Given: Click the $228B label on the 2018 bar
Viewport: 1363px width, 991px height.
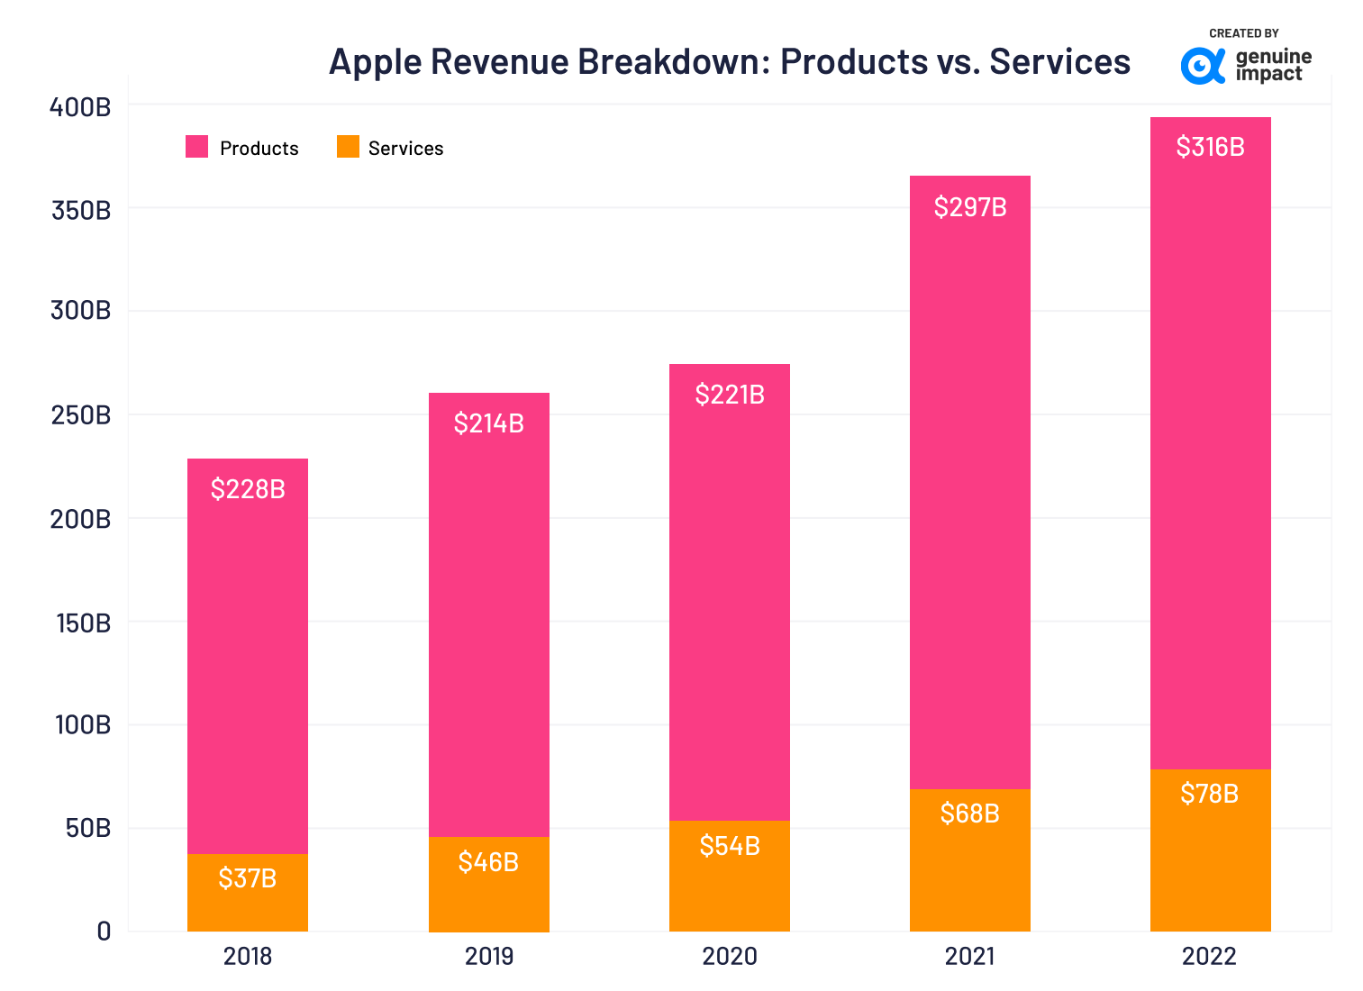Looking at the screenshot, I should pos(248,489).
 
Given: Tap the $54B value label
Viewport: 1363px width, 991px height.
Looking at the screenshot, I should pos(730,846).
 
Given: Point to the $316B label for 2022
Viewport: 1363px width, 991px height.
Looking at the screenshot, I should pos(1210,147).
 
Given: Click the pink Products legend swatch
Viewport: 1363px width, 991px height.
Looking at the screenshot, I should pos(196,147).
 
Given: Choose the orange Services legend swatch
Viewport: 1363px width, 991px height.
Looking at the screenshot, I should pos(348,147).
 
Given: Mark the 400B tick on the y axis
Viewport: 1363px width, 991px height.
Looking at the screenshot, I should pos(80,107).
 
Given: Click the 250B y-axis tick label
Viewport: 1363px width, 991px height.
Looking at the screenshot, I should pos(80,415).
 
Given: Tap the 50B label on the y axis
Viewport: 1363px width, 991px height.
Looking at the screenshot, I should pos(87,828).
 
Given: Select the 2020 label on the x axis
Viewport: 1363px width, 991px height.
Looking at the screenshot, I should pos(730,956).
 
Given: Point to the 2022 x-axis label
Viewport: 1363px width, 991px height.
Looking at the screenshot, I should pos(1210,956).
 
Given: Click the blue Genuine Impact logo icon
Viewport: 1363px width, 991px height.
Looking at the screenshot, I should pos(1203,66).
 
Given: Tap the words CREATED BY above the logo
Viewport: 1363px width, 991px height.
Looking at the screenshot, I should pos(1243,33).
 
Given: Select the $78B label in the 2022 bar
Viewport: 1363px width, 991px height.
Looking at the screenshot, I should pos(1210,794).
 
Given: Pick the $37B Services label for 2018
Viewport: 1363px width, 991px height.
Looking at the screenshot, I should pos(248,878).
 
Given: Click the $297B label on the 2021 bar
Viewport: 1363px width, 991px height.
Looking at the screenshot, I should pos(969,207).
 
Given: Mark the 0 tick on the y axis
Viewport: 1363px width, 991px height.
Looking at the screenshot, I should pos(104,932).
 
